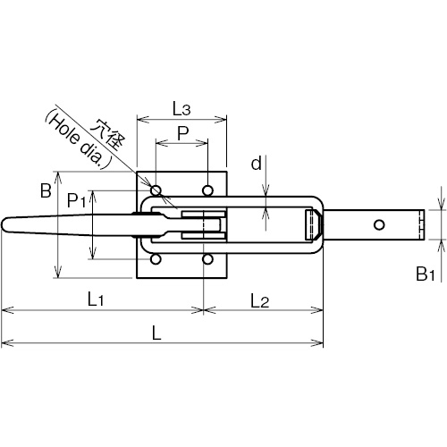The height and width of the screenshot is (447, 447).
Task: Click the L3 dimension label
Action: click(x=181, y=109)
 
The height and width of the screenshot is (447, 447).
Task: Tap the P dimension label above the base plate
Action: click(x=183, y=133)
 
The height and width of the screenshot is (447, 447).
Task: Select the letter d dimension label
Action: click(x=257, y=164)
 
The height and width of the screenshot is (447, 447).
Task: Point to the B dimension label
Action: click(x=46, y=190)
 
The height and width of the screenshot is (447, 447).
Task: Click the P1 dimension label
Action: click(x=77, y=200)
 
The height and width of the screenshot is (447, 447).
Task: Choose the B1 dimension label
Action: click(x=426, y=274)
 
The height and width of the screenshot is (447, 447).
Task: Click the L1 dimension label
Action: click(x=96, y=299)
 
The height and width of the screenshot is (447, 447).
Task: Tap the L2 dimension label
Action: click(x=259, y=300)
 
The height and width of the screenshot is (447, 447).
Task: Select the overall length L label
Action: click(x=156, y=333)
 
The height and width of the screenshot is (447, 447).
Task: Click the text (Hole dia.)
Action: click(x=78, y=139)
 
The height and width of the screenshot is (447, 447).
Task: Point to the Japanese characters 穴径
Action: click(x=107, y=135)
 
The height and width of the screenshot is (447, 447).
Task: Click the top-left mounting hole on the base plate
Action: click(x=156, y=190)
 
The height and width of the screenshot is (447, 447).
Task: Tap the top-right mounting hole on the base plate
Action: click(x=207, y=190)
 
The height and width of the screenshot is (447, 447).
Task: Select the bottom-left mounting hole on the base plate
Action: click(x=156, y=259)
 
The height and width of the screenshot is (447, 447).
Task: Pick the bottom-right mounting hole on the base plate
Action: click(x=207, y=259)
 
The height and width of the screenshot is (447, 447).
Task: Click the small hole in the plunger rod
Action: click(x=379, y=224)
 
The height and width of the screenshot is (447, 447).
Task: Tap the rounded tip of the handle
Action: click(x=4, y=224)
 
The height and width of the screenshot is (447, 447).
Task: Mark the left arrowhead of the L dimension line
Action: click(x=7, y=343)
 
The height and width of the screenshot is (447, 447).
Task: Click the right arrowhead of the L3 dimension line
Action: click(x=221, y=120)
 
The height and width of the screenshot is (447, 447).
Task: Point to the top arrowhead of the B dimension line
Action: click(x=58, y=177)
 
